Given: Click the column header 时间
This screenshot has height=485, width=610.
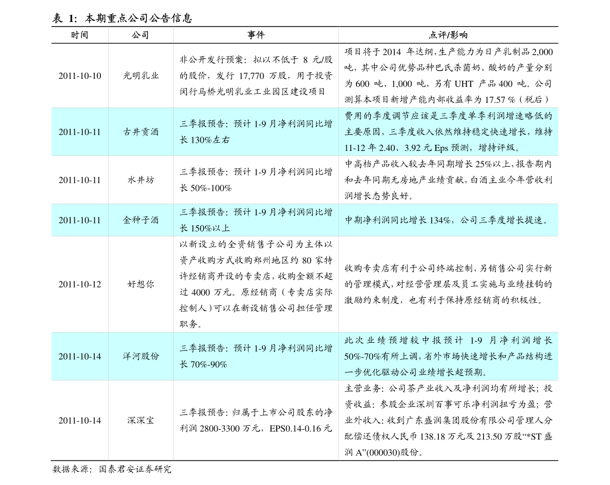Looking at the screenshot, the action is tap(79, 35).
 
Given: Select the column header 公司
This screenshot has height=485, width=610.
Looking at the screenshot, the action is tap(140, 35).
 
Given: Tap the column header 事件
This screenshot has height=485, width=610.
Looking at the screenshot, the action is tap(256, 35).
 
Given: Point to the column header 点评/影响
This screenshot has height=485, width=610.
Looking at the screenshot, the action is tap(448, 35).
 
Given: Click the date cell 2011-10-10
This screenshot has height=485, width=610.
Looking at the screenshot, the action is tap(80, 76).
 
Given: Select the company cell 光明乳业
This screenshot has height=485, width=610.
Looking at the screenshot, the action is tap(140, 76).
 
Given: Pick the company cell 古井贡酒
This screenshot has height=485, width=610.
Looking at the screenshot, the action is tap(140, 132).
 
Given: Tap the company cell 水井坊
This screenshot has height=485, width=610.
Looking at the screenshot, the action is tap(140, 180).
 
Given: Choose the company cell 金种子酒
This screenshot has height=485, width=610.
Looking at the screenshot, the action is tap(140, 220).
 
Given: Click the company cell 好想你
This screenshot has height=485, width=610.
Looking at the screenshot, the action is tap(140, 284).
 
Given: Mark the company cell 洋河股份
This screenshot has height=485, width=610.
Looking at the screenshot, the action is tap(140, 356).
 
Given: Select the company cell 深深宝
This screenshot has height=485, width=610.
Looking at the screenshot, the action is tap(140, 420).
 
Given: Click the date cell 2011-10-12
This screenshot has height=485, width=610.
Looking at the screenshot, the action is tap(80, 284).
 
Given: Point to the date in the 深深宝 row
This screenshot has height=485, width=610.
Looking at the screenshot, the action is tap(80, 420).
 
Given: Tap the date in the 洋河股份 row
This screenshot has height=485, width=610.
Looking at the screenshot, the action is tap(80, 356).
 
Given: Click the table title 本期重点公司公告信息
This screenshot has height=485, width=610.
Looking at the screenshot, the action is tap(138, 18).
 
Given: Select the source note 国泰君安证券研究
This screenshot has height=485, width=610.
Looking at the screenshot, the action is tap(135, 469).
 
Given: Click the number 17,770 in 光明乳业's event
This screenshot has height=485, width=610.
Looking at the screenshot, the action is tap(251, 76).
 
